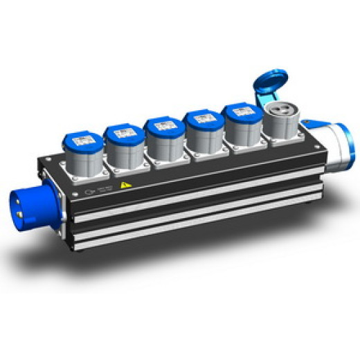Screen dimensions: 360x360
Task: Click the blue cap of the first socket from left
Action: [84, 141]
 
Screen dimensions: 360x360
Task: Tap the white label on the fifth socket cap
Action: [240, 111]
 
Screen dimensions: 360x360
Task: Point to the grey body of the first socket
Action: [85, 162]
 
